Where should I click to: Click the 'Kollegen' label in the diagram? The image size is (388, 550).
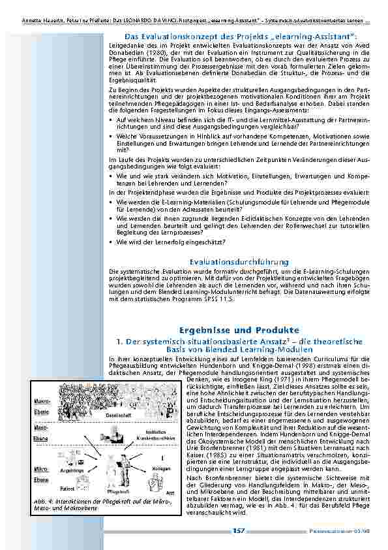[164, 468]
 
